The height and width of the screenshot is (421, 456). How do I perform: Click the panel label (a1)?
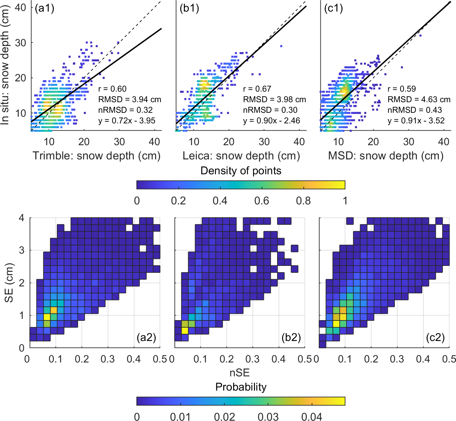click(44, 8)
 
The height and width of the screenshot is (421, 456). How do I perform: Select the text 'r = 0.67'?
click(257, 89)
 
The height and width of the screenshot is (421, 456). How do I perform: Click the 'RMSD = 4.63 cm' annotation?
click(419, 99)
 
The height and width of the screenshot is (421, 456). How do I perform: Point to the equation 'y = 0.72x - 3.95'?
click(127, 121)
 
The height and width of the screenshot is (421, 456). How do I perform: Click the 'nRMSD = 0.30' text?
click(270, 110)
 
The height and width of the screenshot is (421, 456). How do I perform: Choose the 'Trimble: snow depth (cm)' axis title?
click(97, 156)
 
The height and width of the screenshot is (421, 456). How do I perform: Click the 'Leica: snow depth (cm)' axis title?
click(241, 156)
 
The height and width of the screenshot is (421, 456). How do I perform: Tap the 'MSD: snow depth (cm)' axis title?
click(386, 156)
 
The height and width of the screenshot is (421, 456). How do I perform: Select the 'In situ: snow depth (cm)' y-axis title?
click(5, 66)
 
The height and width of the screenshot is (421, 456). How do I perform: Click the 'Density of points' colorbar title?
click(241, 171)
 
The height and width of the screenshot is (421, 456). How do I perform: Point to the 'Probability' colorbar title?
click(241, 387)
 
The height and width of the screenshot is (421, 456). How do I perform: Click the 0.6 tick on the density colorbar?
click(262, 201)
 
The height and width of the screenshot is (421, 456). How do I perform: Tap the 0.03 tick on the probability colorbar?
click(268, 417)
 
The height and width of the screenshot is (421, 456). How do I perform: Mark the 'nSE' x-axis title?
click(239, 373)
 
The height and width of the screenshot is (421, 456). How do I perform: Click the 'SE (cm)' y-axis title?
click(9, 283)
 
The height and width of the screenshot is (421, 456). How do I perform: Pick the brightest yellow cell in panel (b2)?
click(185, 330)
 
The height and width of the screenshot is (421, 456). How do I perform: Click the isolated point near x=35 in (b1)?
click(281, 46)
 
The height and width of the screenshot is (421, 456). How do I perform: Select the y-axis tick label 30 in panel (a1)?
click(21, 43)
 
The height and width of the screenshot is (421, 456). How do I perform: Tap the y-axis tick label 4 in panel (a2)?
click(22, 218)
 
